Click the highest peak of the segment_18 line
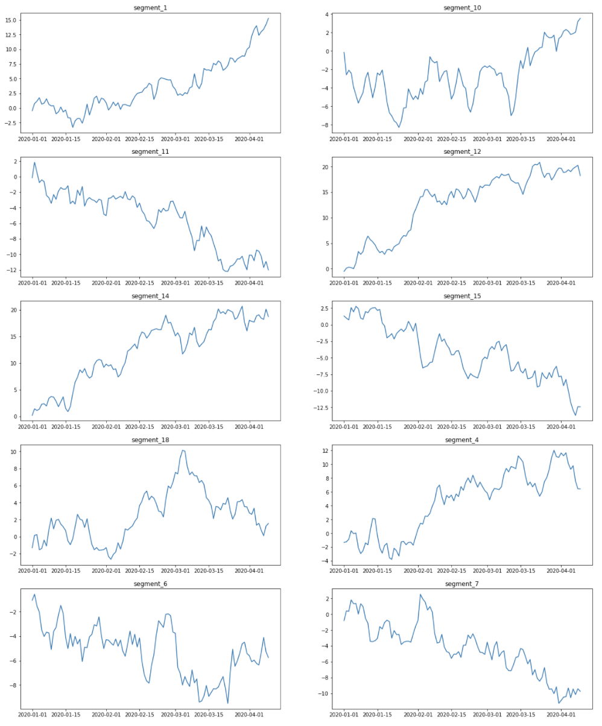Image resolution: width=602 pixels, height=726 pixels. point(182,450)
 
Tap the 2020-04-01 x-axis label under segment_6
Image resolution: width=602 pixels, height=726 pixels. point(250,715)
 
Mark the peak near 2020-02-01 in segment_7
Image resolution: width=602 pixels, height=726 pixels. point(420,595)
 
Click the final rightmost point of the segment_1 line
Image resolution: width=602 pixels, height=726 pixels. point(268,18)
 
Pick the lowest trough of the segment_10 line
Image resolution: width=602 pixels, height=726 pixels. point(399,127)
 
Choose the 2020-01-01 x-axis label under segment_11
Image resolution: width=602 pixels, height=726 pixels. point(33,282)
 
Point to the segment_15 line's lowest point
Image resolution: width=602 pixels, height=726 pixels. point(575,415)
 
